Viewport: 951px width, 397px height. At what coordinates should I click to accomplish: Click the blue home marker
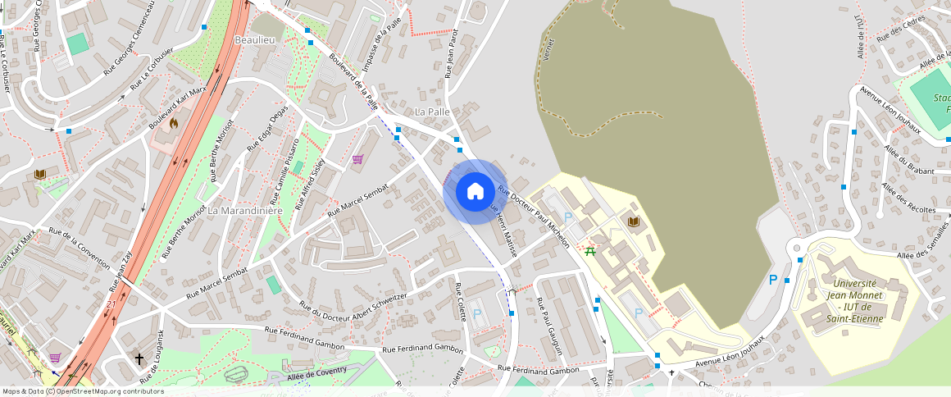click(475, 191)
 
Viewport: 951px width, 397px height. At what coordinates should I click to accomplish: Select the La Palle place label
click(433, 111)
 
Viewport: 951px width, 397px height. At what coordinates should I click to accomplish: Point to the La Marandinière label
click(245, 210)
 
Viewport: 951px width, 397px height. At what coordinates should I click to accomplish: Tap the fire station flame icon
click(174, 123)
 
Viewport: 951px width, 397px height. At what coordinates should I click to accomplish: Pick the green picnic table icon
click(590, 251)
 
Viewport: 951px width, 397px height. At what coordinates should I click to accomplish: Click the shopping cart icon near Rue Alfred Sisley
click(357, 159)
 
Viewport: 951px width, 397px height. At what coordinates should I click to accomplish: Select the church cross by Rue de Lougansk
click(139, 358)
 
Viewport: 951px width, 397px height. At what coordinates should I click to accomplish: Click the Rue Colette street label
click(460, 301)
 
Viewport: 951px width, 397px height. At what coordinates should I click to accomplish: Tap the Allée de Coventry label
click(317, 373)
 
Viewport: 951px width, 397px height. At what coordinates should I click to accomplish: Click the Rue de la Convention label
click(79, 248)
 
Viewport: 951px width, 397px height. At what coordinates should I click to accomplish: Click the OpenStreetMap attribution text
click(82, 391)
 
